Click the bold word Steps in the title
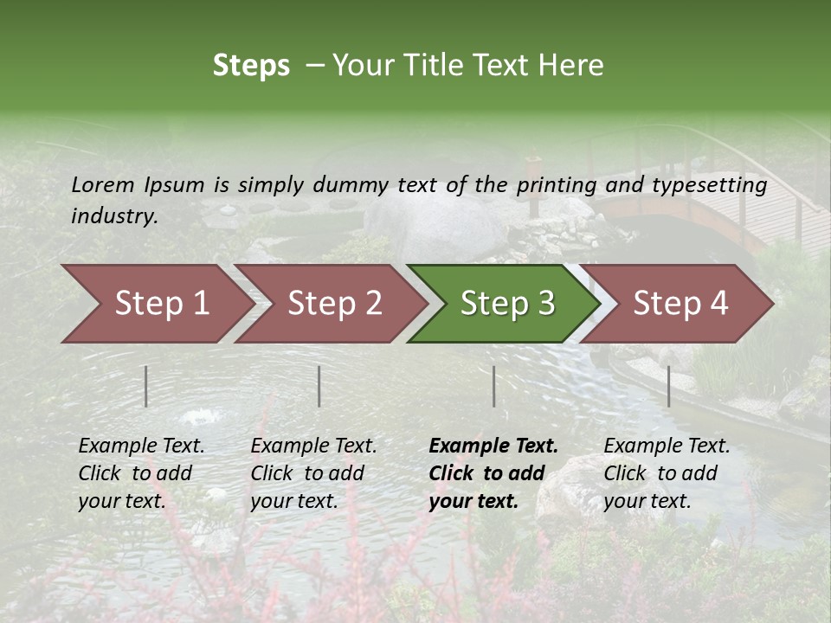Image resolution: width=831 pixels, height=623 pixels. (x=251, y=66)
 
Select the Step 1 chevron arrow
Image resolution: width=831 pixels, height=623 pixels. (x=156, y=303)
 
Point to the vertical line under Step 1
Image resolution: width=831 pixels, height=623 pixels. (x=146, y=386)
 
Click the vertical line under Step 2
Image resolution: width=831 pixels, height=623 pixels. (x=319, y=386)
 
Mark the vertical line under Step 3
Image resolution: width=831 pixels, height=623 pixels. (x=493, y=386)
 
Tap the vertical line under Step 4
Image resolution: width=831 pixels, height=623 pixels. (x=668, y=386)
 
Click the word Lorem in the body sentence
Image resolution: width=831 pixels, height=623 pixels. (x=103, y=184)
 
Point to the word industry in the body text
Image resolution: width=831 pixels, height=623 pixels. (x=114, y=216)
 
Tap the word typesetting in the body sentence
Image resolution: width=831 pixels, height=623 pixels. (x=709, y=184)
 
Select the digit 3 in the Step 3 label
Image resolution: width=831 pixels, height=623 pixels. (x=544, y=303)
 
